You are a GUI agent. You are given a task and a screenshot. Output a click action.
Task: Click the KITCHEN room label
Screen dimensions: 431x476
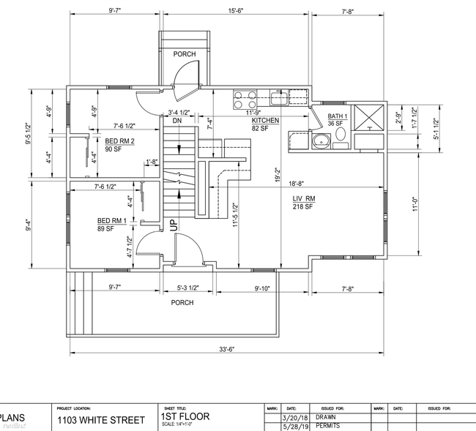[266, 120]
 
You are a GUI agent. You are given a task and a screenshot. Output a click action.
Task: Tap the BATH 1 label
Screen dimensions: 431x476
[338, 116]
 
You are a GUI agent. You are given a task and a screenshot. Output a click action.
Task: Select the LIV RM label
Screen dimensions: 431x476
[305, 199]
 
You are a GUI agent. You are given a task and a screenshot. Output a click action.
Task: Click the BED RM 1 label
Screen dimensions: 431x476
[114, 220]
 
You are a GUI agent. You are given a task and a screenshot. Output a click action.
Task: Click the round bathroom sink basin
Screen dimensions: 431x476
[319, 141]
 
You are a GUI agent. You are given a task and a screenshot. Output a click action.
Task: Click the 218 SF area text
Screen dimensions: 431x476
[303, 208]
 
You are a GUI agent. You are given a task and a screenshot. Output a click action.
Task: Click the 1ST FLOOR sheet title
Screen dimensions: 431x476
[185, 416]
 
